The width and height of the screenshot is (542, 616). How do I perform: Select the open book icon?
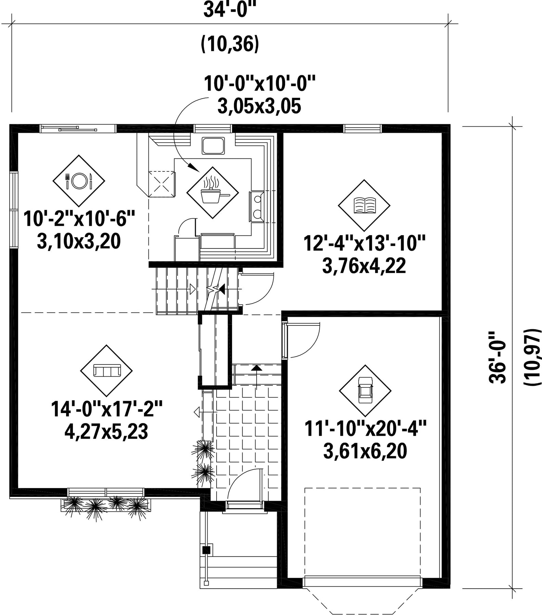[364, 205]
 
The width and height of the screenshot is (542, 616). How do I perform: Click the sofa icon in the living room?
[107, 370]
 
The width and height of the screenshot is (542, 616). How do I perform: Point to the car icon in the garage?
[365, 390]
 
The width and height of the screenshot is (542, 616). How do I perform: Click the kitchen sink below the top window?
[213, 146]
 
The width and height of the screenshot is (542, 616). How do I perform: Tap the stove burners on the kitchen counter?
[257, 206]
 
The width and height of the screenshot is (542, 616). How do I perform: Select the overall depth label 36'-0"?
[498, 357]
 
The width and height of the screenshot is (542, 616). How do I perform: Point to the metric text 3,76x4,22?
[364, 266]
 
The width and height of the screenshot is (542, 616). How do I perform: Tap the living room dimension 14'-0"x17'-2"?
[106, 409]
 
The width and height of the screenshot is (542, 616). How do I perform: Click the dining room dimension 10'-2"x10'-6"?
[79, 219]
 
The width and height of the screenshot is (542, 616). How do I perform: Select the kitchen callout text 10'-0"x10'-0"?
[259, 84]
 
